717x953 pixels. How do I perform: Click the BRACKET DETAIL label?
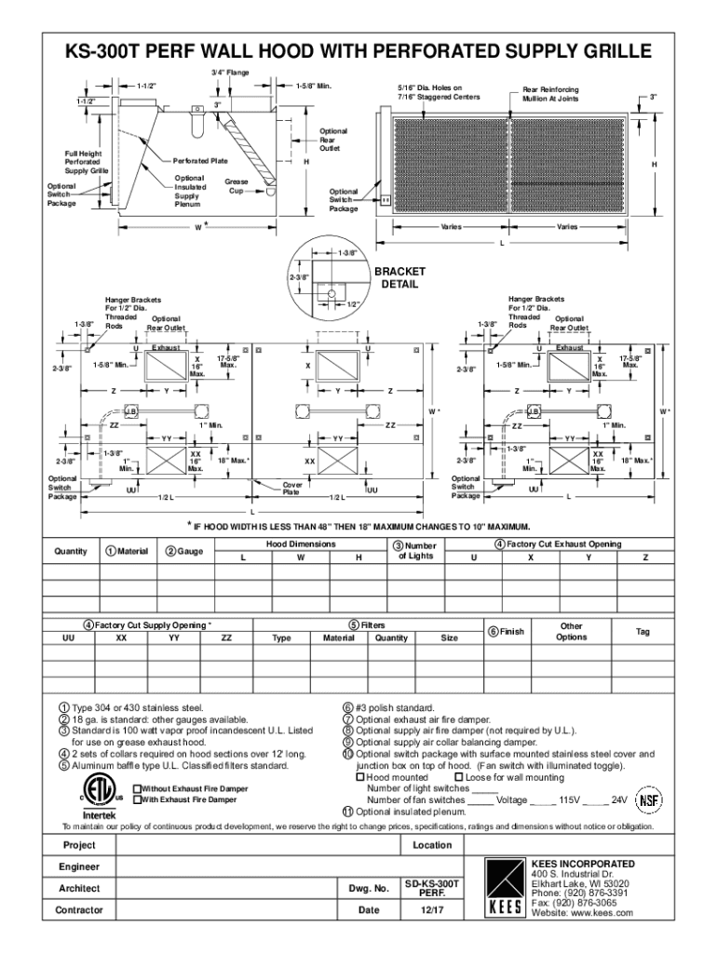click(399, 277)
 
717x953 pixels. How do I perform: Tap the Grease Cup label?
click(237, 185)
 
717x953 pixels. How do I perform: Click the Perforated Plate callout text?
click(200, 161)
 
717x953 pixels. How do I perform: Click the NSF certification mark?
click(648, 799)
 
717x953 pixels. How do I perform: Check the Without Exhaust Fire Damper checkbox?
click(137, 788)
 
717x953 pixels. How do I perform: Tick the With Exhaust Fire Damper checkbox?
click(137, 799)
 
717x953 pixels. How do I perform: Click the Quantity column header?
click(71, 551)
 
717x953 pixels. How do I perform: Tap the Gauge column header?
click(184, 551)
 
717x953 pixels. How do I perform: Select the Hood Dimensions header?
click(301, 544)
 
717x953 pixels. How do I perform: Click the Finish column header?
click(507, 632)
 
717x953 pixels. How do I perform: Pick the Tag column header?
click(643, 632)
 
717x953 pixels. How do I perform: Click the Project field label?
click(78, 845)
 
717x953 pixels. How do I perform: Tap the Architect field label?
click(78, 889)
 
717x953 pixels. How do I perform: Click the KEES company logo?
click(506, 889)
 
